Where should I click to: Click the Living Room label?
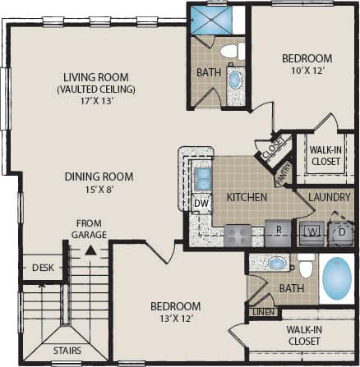coord(96,72)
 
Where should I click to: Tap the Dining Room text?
coord(100,177)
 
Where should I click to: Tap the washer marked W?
coord(312,231)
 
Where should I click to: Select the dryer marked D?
coord(339,231)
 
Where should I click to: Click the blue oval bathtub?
coord(337,278)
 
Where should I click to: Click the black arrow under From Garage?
coord(92,244)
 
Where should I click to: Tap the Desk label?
coord(41,268)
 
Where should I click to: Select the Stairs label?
coord(68,350)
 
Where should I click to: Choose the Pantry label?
coord(283,172)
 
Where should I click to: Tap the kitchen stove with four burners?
coord(238,236)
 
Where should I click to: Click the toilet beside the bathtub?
coord(306,266)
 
